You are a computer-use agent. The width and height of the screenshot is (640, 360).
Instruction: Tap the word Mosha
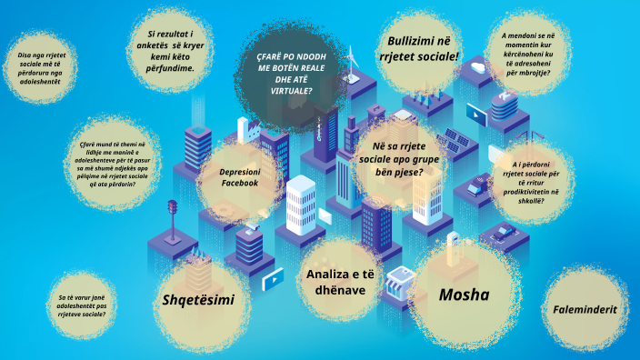click(464, 295)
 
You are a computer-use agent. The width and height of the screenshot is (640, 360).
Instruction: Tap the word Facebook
click(240, 183)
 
